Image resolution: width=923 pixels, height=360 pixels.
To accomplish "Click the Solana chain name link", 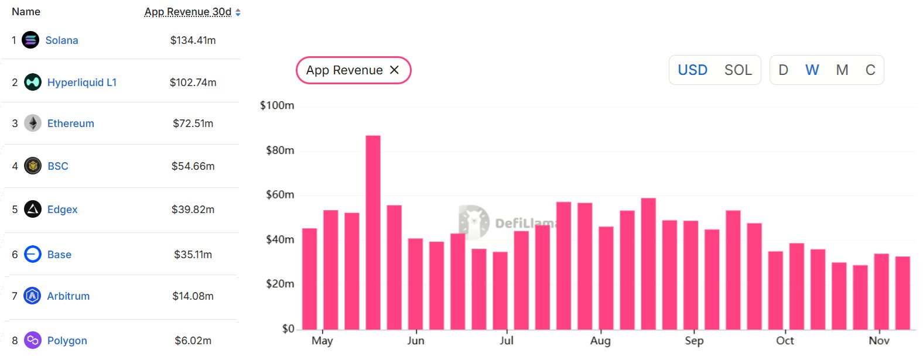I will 61,40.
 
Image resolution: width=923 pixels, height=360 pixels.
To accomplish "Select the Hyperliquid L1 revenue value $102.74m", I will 193,83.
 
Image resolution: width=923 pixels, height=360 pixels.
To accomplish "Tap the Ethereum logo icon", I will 33,124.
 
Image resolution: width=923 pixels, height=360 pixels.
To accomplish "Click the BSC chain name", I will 58,166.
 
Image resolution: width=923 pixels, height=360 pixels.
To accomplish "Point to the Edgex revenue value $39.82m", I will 193,210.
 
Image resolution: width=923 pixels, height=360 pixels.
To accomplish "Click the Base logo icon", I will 33,255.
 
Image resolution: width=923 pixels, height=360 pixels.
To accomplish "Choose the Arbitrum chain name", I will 69,296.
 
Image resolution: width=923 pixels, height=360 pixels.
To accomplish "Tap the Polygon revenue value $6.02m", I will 193,341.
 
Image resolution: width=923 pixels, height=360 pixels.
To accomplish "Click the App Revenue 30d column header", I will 188,12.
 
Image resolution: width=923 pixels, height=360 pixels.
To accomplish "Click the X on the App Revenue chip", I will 395,70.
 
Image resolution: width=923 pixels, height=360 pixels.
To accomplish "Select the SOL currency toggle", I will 738,70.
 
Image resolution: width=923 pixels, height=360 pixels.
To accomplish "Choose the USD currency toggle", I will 692,70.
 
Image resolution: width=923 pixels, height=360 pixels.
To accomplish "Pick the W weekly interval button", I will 812,70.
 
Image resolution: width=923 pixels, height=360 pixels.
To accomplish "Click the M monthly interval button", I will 842,70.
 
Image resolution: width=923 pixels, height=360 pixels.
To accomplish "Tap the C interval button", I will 870,70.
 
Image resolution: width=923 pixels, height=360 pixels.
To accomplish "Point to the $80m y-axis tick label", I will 280,150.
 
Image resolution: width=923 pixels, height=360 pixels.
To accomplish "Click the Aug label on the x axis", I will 600,341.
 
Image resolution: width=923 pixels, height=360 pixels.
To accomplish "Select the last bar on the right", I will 903,293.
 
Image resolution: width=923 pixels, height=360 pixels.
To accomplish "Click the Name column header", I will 26,12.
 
